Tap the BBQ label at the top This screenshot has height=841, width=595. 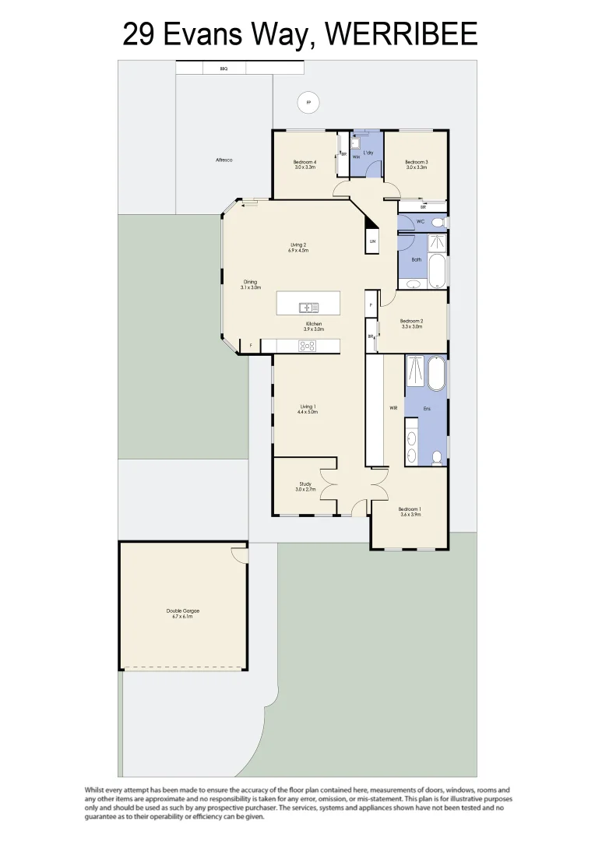[x=224, y=69]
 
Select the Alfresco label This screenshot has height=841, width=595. [x=224, y=160]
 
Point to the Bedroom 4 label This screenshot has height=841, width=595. [x=305, y=162]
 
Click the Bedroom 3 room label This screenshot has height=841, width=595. [x=417, y=162]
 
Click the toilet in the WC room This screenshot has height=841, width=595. [x=438, y=223]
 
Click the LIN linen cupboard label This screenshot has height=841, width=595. [x=373, y=241]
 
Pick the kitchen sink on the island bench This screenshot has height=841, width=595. [x=309, y=308]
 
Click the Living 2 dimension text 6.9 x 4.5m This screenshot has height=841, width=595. [x=298, y=251]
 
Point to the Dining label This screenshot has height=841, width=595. [x=250, y=282]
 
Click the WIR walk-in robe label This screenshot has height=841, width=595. [x=394, y=407]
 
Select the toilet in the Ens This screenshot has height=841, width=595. [x=438, y=456]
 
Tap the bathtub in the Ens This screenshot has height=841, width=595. [x=436, y=374]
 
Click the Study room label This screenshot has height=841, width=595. [x=305, y=484]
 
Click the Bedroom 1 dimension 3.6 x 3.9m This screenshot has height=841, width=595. [x=410, y=514]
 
